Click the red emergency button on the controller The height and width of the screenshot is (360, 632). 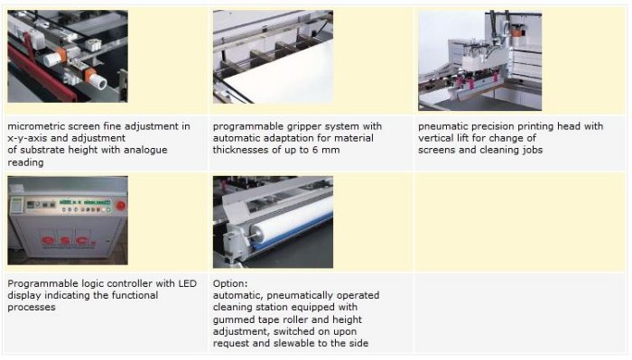click(x=120, y=206)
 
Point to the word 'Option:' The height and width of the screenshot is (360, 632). click(x=230, y=283)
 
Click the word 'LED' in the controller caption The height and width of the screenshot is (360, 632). click(x=188, y=283)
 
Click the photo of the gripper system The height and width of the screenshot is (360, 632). click(x=273, y=57)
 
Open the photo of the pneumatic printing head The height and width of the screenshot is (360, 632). click(x=479, y=60)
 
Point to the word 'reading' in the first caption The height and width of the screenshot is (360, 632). click(x=25, y=162)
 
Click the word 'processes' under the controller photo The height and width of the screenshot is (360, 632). click(x=32, y=308)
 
